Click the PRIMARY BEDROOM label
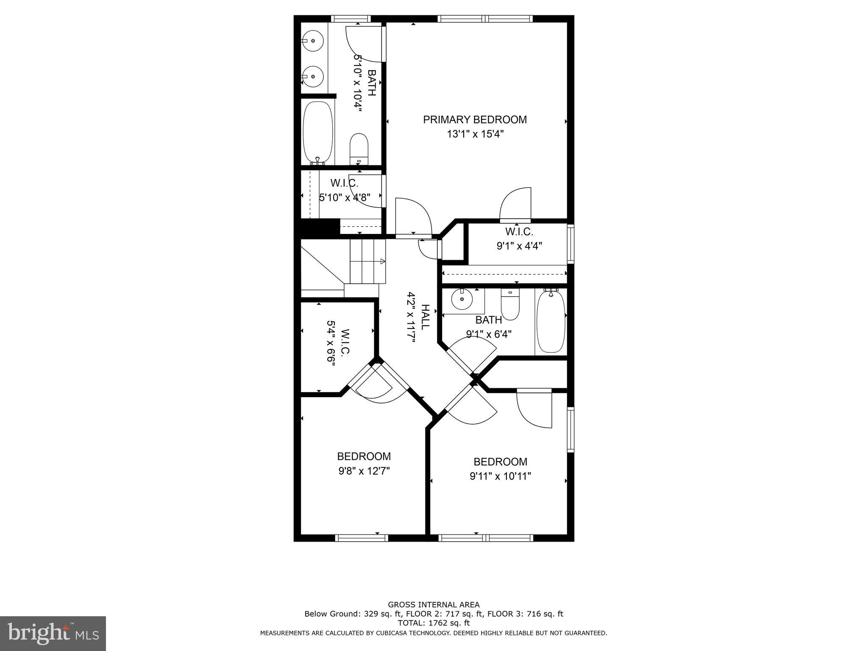click(475, 120)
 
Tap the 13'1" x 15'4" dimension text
click(475, 134)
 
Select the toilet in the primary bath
click(359, 148)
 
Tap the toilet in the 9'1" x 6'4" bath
click(510, 304)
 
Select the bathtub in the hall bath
click(551, 321)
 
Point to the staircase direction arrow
click(382, 261)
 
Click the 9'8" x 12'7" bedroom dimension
click(364, 471)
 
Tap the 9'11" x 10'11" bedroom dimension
click(500, 476)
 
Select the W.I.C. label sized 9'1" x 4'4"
click(519, 232)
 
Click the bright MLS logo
click(53, 633)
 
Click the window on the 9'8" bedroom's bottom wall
click(362, 538)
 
